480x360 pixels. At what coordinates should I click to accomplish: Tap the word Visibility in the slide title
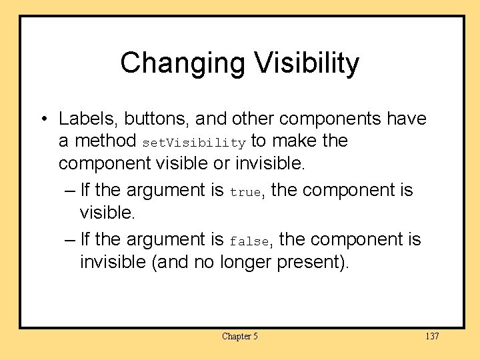click(306, 64)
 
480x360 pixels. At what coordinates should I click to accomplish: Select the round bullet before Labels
click(42, 119)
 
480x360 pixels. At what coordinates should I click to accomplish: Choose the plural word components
click(335, 119)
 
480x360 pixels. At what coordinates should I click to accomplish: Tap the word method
click(106, 141)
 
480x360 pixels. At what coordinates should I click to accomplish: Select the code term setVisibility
click(194, 143)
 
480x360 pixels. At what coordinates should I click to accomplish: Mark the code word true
click(245, 192)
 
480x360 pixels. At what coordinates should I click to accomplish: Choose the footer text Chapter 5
click(240, 336)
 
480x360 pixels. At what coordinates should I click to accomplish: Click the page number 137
click(431, 336)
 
